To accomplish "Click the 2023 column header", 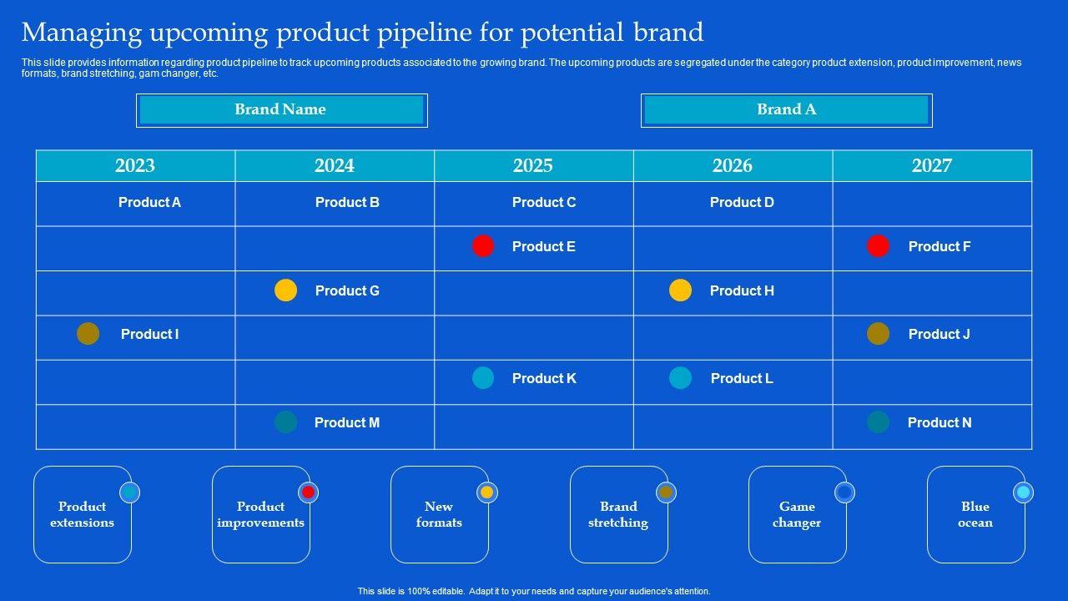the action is tap(135, 165).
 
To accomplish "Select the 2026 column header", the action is tap(733, 165).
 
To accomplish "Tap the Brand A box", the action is tap(787, 110).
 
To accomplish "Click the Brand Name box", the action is tap(282, 110).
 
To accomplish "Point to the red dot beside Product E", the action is tap(483, 246).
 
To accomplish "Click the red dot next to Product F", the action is tap(878, 246).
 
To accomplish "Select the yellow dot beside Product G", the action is tap(285, 290).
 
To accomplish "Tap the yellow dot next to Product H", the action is tap(680, 290).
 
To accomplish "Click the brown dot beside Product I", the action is tap(88, 333).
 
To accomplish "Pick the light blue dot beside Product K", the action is tap(483, 378).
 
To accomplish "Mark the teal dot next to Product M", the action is tap(285, 422).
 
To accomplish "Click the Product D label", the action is tap(742, 202).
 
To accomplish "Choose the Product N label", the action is tap(940, 422).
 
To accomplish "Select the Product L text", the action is tap(742, 378).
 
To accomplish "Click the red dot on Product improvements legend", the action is tap(309, 492).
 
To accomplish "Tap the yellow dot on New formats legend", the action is tap(486, 492).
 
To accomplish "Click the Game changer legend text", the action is tap(797, 514).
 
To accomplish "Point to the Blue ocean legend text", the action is tap(975, 514).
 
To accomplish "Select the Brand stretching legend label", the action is tap(618, 514).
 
